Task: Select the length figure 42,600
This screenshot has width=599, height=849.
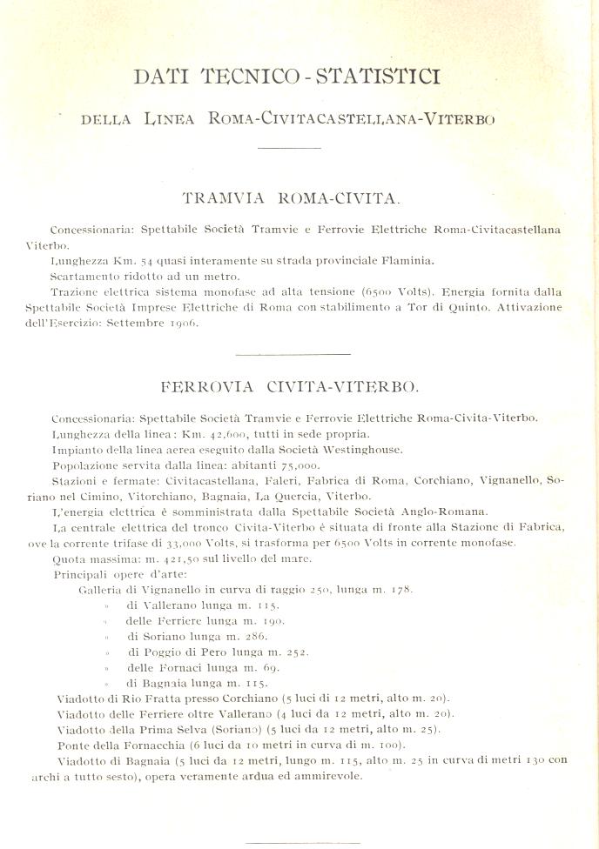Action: [x=228, y=433]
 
